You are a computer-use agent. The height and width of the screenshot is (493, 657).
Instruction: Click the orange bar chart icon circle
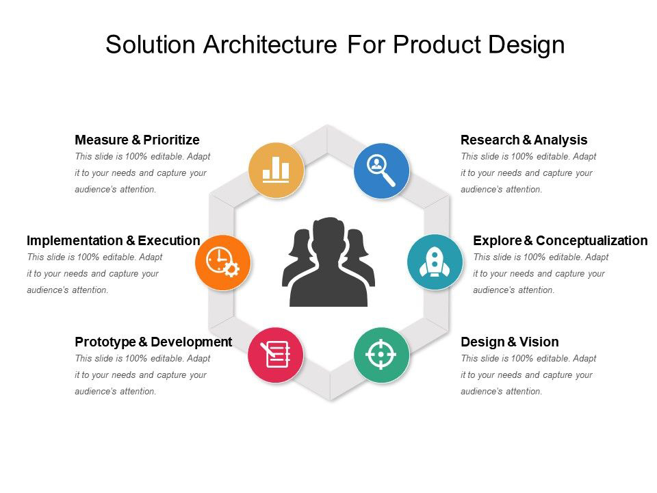coord(276,170)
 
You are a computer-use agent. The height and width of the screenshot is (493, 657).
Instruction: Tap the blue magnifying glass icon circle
coord(381,170)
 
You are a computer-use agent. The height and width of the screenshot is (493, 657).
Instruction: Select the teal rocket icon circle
coord(435,262)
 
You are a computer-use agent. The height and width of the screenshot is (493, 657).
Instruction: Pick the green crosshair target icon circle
coord(381,355)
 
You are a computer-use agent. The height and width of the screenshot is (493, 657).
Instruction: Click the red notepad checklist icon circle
coord(276,355)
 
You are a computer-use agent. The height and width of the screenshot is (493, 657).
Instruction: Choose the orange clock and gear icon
coord(222,262)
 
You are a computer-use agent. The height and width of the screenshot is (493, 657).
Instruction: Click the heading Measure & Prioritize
coord(137,140)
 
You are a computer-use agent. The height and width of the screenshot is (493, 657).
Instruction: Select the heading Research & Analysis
coord(524,140)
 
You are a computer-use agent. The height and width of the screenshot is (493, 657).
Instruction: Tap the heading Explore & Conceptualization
coord(560,240)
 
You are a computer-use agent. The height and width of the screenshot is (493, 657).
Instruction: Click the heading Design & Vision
coord(509,342)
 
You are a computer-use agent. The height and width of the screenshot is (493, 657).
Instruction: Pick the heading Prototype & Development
coord(153,342)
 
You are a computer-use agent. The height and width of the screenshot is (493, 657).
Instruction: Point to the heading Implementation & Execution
coord(113,240)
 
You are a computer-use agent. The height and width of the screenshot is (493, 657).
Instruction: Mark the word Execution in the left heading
coord(168,240)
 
